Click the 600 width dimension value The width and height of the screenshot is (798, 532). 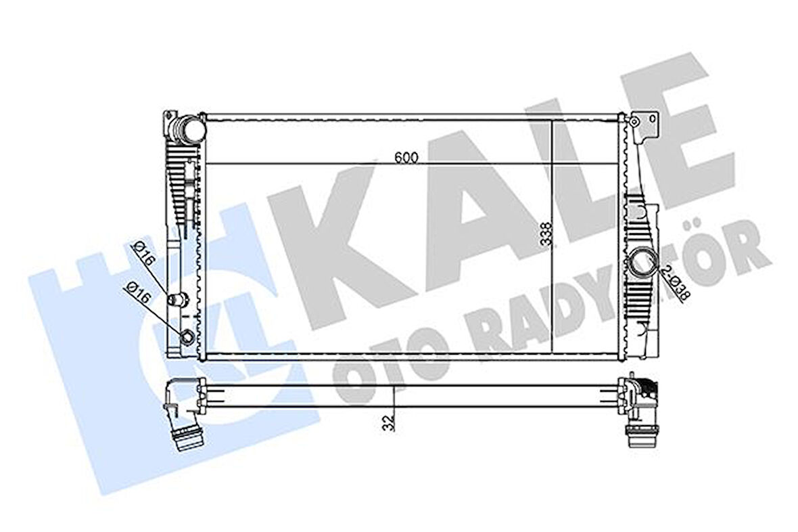406,157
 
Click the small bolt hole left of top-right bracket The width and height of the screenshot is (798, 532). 634,122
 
